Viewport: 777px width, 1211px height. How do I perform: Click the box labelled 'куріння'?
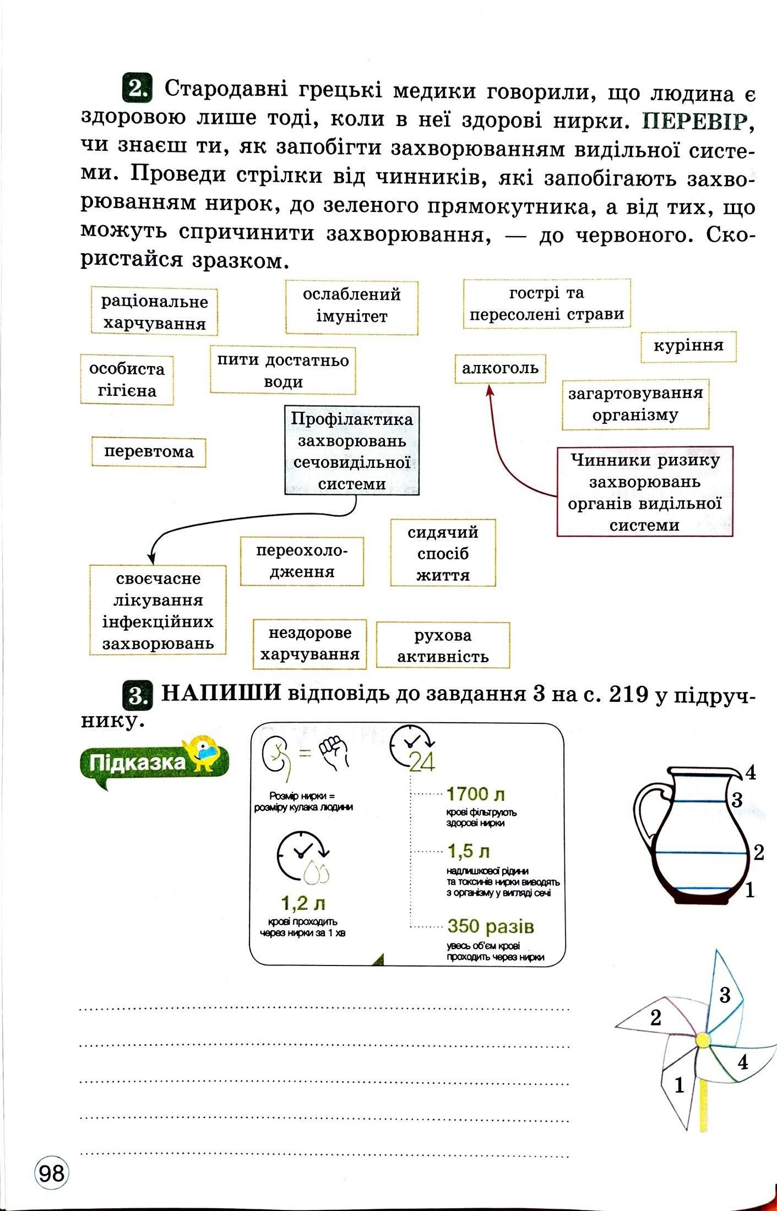[688, 347]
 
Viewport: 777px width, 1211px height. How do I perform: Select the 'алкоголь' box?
[500, 368]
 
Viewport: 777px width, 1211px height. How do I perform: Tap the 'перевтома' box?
[149, 452]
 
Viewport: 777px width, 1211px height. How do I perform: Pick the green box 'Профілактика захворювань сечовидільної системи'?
[351, 451]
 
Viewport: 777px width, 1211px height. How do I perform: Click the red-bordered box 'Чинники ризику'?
[645, 492]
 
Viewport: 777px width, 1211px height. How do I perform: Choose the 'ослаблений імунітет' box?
[351, 307]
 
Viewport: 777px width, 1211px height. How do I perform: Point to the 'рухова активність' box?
[443, 645]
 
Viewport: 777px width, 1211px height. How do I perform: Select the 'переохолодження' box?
[302, 561]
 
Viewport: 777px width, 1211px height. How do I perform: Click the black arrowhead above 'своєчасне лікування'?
[153, 558]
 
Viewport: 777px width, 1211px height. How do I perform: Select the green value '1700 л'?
[476, 794]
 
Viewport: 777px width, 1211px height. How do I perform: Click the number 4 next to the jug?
[750, 773]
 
